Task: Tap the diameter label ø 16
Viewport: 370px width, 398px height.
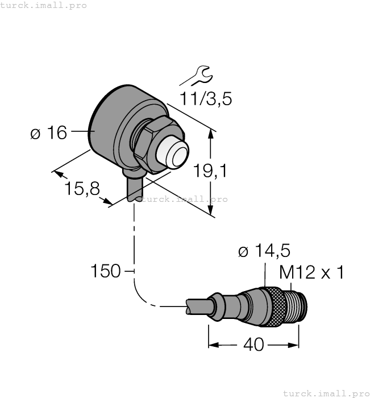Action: click(48, 133)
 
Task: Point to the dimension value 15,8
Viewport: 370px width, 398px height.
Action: click(80, 188)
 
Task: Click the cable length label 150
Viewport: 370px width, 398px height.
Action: click(106, 271)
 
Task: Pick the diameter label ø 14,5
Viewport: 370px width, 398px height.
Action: click(264, 251)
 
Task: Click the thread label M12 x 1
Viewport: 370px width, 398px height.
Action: click(312, 273)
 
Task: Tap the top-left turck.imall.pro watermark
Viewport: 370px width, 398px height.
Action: click(44, 5)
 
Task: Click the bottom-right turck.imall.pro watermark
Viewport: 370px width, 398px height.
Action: click(326, 392)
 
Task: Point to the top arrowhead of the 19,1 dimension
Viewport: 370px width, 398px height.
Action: click(211, 134)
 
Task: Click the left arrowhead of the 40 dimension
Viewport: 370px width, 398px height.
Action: click(213, 345)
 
